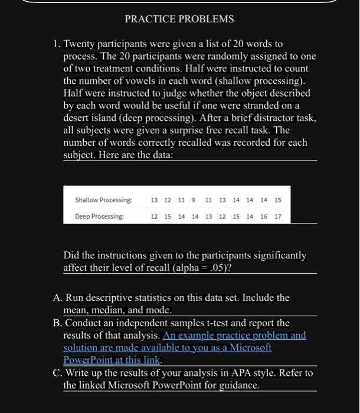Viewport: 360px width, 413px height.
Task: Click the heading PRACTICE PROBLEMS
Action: [179, 19]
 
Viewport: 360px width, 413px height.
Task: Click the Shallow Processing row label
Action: [103, 200]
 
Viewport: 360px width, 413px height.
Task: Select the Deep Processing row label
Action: [99, 217]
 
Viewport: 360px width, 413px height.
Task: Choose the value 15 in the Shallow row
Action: [278, 200]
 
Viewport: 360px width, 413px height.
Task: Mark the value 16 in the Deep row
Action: [264, 217]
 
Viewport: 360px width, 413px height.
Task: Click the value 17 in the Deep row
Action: [278, 217]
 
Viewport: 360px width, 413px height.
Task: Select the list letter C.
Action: [57, 373]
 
